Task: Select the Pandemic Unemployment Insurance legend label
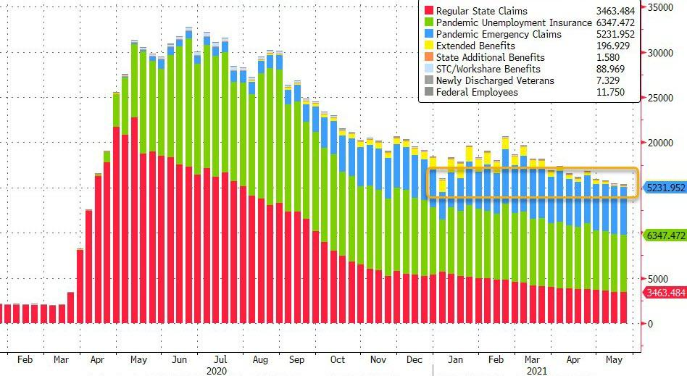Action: click(x=496, y=22)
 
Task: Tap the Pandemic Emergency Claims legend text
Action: click(x=489, y=34)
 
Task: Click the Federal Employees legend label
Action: click(x=476, y=92)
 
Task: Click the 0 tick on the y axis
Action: click(x=651, y=324)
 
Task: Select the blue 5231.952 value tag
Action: click(x=665, y=187)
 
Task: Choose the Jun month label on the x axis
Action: click(x=178, y=359)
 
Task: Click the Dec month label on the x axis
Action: click(x=415, y=359)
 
